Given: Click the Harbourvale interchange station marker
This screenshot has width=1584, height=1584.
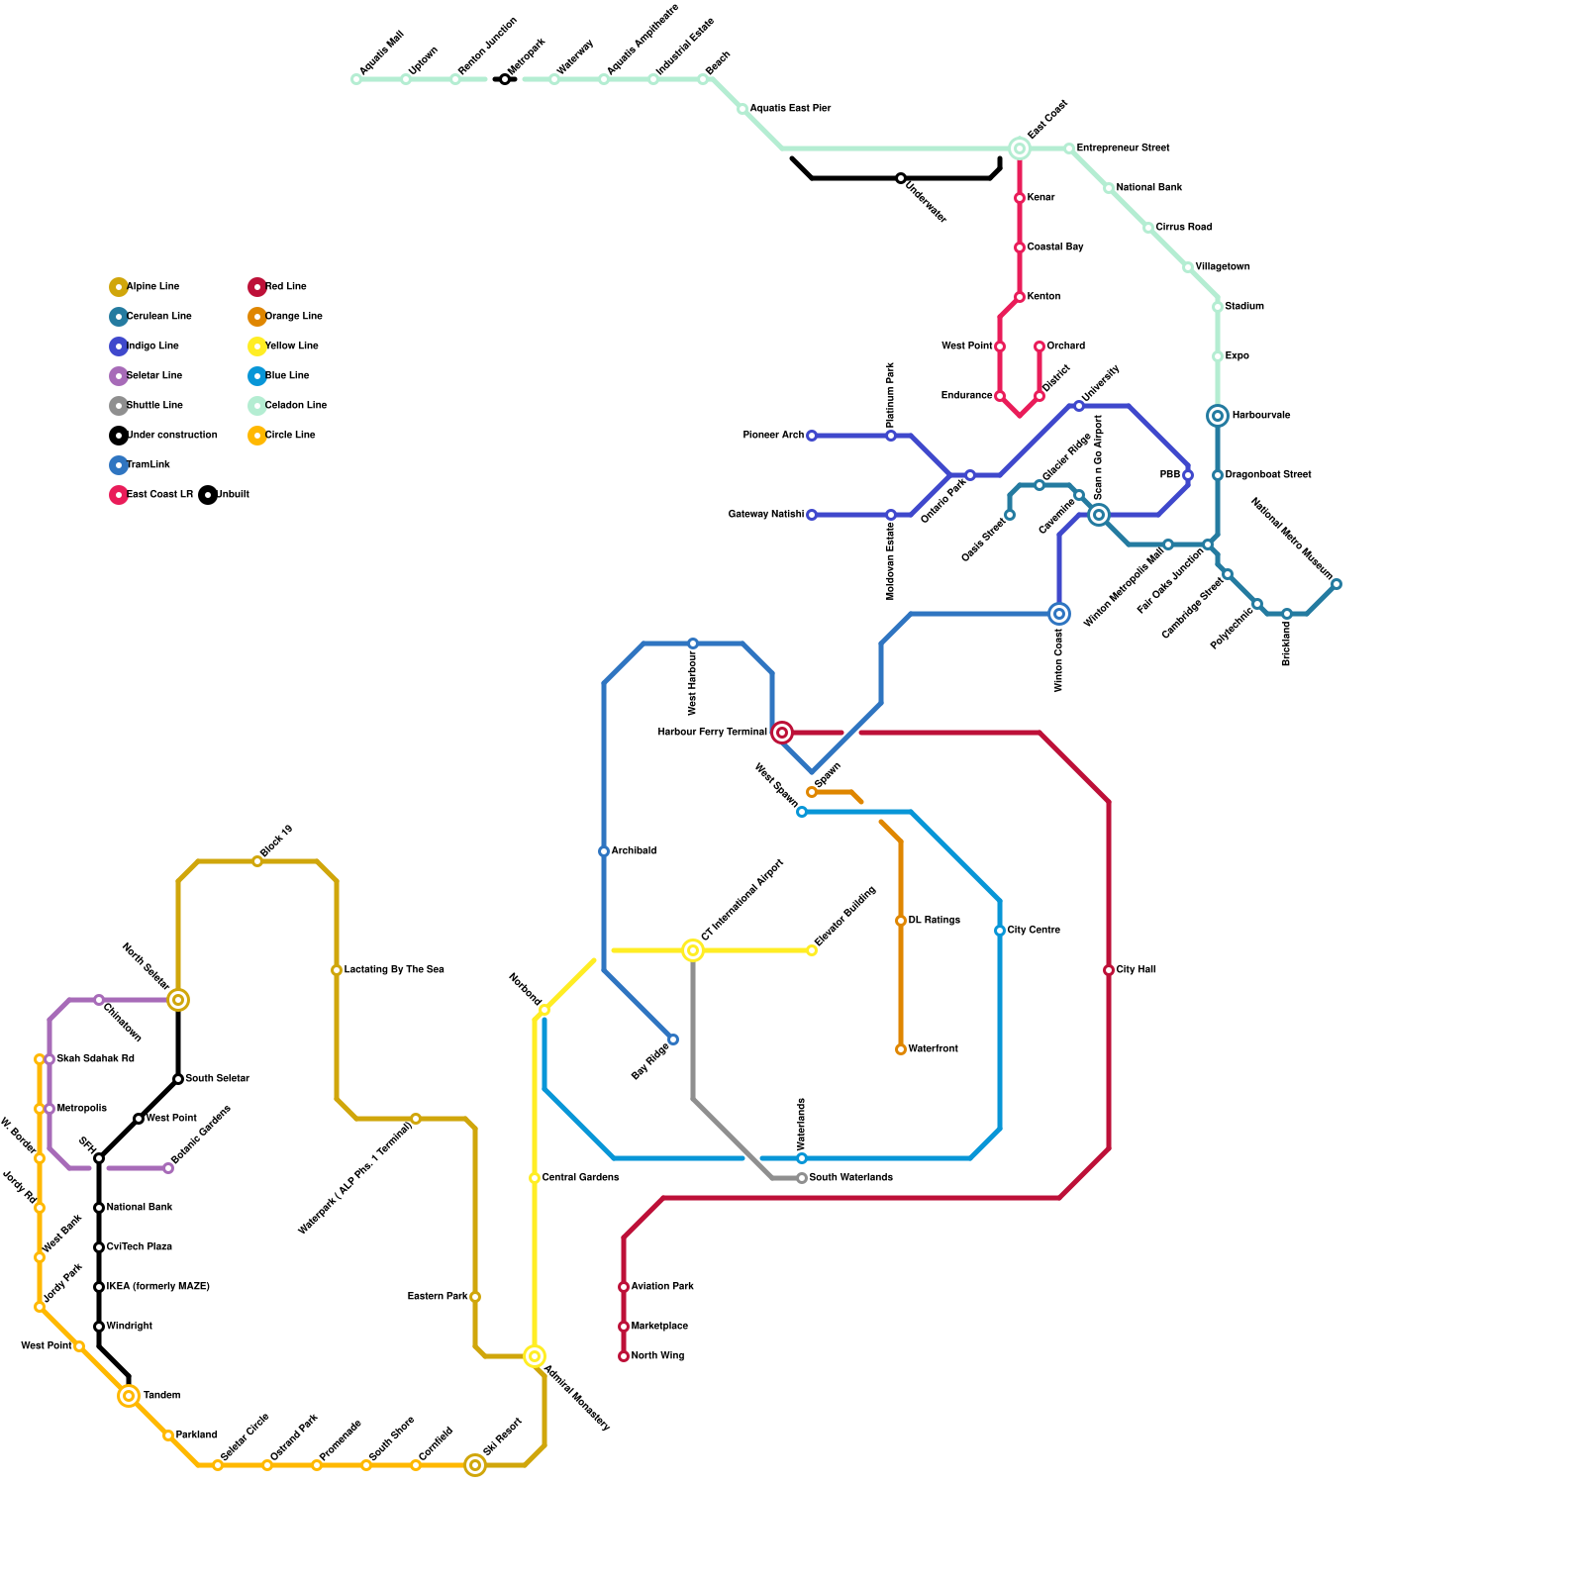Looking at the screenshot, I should pos(1218,416).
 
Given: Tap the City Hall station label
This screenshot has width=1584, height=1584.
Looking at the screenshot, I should pos(1136,970).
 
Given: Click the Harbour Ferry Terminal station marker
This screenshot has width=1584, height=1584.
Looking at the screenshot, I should pos(782,733).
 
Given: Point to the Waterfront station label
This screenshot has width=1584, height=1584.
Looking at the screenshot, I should pos(933,1049).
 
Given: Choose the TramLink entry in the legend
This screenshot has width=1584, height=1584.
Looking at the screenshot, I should pos(148,465).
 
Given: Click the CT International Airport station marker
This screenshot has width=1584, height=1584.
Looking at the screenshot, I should pos(693,950).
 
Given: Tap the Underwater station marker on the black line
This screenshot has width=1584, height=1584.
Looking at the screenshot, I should pos(901,178).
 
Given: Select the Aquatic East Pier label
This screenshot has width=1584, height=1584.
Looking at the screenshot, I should pos(790,109).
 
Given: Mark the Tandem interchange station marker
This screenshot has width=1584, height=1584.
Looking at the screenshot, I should pos(129,1396).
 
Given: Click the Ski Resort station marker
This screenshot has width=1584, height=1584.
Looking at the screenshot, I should pos(475,1465).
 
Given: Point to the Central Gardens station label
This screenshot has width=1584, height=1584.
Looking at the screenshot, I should pos(580,1178).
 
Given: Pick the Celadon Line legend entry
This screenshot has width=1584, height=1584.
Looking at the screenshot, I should pos(295,406).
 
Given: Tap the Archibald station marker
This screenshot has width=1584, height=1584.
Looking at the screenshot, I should pos(604,851).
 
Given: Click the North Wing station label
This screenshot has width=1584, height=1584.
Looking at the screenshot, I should pos(657,1356).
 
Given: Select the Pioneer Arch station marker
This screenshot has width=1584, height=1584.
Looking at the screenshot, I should pos(812,436).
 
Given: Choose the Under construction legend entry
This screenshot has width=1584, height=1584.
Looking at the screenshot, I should pos(171,436).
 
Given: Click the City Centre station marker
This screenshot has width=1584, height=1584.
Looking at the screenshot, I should pos(1000,931).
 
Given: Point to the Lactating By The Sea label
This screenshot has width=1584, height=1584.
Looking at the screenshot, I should pos(394,970).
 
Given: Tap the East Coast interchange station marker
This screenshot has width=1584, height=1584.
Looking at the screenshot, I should pos(1020,148).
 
